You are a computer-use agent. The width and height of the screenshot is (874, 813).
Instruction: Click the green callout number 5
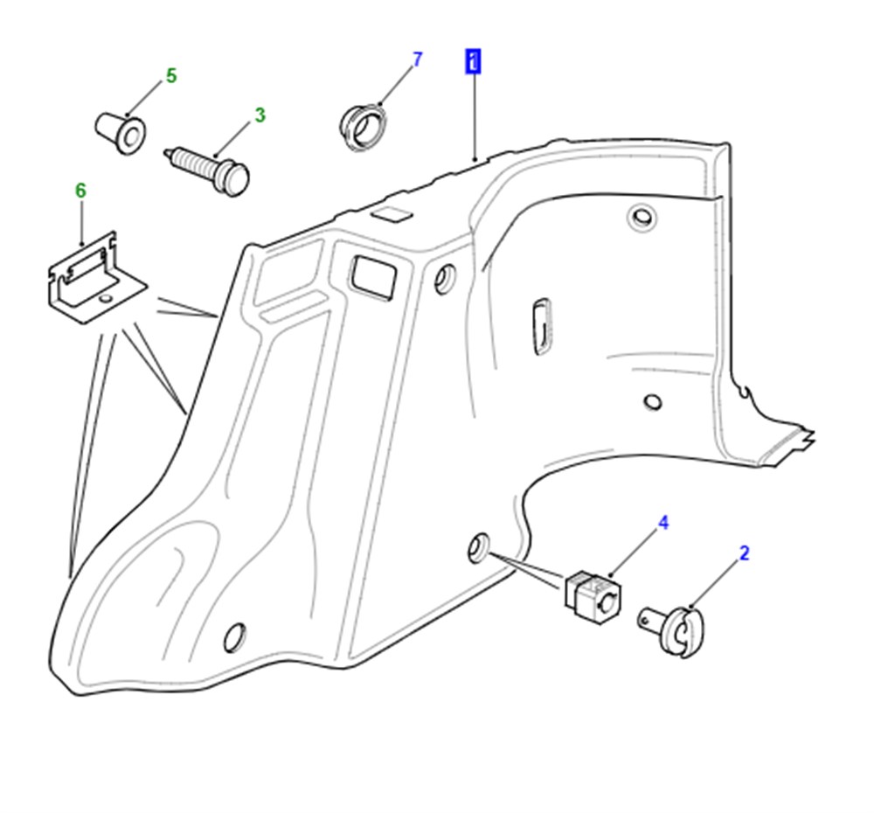coord(171,76)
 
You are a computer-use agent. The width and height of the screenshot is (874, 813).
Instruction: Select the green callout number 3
coord(260,115)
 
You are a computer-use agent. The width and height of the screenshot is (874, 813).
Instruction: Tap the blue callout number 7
coord(418,59)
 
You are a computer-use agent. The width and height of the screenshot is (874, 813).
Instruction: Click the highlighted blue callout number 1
coord(473,61)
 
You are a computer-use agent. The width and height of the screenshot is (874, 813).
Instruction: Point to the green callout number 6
coord(80,191)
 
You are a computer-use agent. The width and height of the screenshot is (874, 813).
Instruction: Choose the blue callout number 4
coord(663,523)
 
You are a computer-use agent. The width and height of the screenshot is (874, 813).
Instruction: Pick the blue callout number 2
coord(744,553)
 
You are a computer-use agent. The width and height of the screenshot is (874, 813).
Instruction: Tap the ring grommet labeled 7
coord(363,127)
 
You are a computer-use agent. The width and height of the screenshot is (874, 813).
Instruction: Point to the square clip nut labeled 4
coord(593,597)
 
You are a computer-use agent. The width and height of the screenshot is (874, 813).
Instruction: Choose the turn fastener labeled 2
coord(672,629)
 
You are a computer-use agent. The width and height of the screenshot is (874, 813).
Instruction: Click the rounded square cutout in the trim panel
coord(372,276)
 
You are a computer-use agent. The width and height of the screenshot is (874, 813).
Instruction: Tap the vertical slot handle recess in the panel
coord(542,326)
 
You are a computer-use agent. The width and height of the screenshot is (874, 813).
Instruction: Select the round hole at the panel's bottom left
coord(234,637)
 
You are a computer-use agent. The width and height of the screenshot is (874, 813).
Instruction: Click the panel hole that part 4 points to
coord(478,547)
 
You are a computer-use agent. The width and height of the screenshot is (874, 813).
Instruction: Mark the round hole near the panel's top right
coord(642,216)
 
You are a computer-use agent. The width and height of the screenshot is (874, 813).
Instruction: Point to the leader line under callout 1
coord(475,117)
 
